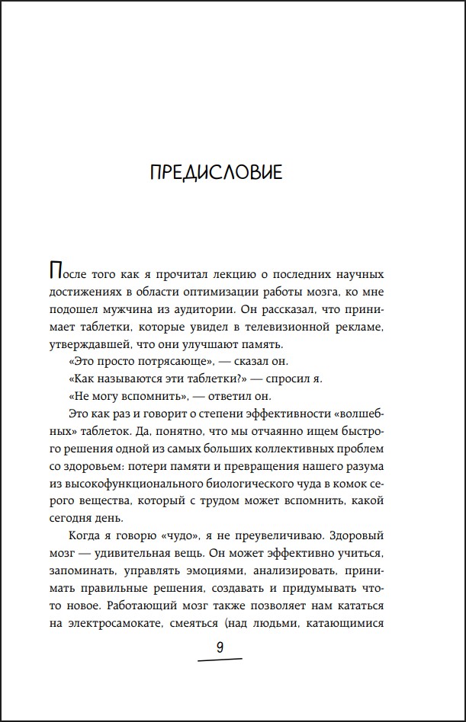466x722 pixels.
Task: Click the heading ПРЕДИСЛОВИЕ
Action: click(x=217, y=173)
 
